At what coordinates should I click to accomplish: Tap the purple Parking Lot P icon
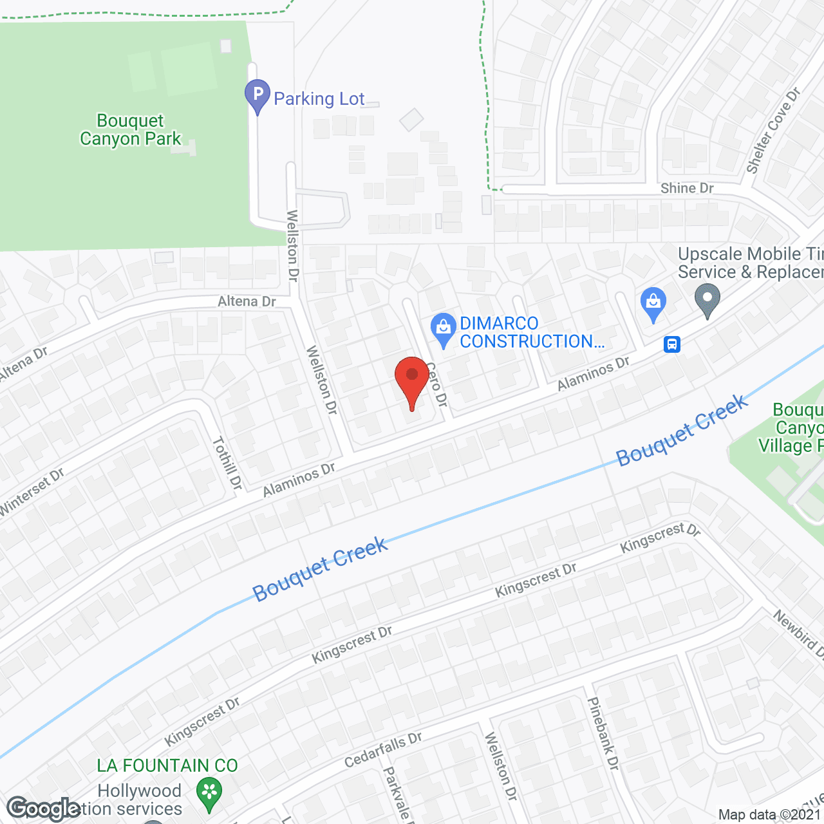click(257, 95)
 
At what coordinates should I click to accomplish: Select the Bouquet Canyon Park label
click(131, 130)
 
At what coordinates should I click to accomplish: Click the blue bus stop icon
click(672, 344)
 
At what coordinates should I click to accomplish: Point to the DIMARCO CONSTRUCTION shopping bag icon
click(443, 328)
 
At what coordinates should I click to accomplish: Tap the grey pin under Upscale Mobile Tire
click(707, 301)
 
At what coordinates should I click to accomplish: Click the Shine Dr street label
click(687, 188)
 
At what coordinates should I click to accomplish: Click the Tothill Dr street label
click(227, 464)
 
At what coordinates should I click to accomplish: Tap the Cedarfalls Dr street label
click(383, 750)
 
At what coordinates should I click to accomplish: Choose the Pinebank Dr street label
click(603, 734)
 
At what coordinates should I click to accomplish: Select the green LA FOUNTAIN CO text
click(167, 765)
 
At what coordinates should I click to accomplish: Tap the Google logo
click(43, 809)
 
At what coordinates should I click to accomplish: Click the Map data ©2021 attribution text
click(770, 815)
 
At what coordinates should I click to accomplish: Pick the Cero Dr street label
click(437, 384)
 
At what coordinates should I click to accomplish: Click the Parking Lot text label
click(319, 98)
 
